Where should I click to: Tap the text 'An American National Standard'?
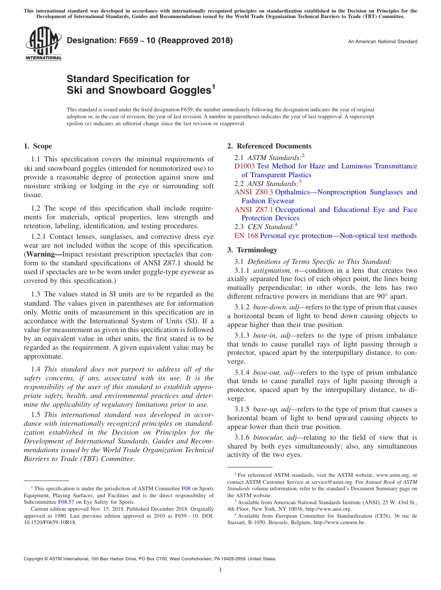tap(383, 42)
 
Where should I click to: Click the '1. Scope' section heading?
tap(38, 146)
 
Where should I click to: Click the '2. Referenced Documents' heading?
tap(269, 146)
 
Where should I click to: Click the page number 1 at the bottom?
tap(220, 570)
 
